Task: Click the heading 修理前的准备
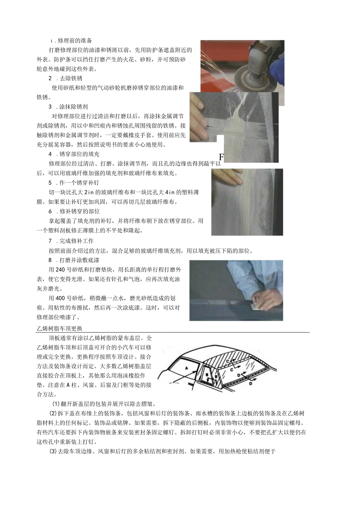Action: [75, 41]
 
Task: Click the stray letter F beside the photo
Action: [221, 157]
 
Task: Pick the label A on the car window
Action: [187, 368]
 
